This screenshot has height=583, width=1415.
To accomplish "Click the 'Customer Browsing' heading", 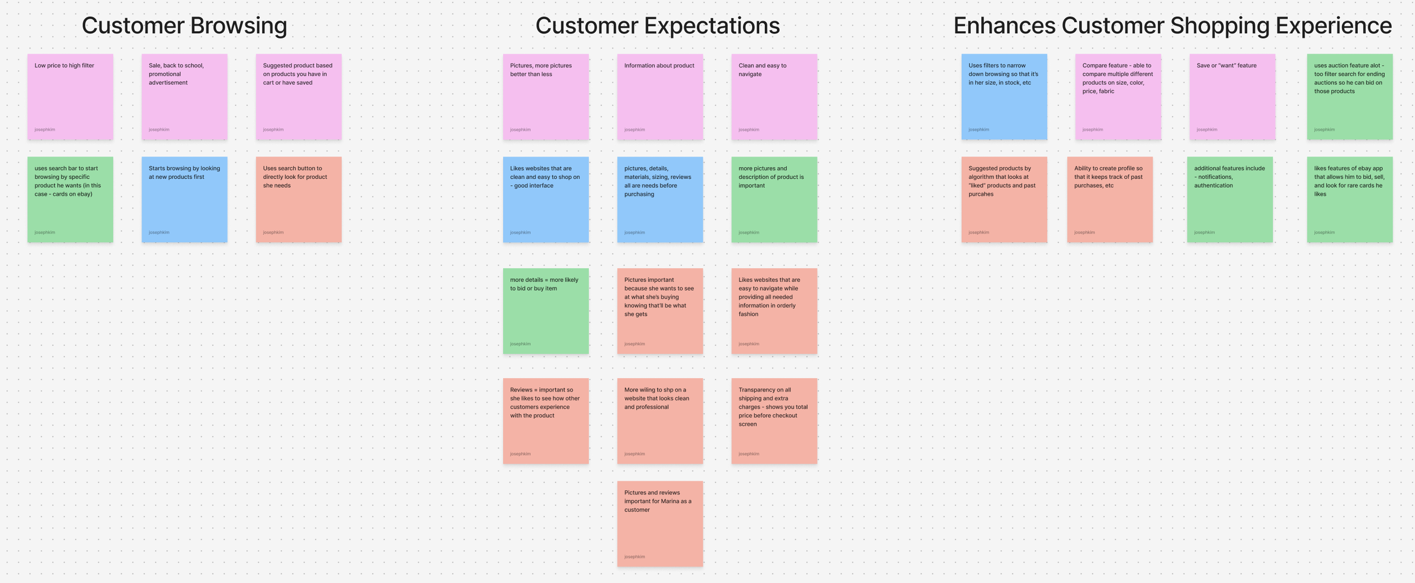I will point(184,26).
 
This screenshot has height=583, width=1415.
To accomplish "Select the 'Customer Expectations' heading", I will point(657,26).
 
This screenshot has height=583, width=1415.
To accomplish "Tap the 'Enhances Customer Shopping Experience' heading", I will point(1172,26).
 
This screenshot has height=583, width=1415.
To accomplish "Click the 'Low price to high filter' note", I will point(70,97).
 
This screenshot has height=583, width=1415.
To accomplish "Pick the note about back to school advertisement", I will point(185,97).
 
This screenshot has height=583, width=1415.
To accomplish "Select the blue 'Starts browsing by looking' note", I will point(185,200).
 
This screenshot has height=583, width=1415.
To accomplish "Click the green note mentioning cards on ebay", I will point(70,200).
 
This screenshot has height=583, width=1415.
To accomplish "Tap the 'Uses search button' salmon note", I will point(299,200).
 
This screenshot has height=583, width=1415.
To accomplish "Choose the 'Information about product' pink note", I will point(660,97).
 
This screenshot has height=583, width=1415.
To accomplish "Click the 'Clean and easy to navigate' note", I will point(774,97).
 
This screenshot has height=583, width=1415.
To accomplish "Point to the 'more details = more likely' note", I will point(546,311).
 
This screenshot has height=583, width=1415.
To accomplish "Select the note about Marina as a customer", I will point(660,524).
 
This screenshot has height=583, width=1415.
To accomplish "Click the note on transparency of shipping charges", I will point(774,421).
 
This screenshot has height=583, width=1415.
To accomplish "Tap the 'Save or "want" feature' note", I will point(1232,97).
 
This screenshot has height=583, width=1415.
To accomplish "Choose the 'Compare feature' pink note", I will point(1118,97).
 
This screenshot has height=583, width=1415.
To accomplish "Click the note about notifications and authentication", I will point(1230,200).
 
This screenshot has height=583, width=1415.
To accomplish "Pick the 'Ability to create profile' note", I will point(1110,200).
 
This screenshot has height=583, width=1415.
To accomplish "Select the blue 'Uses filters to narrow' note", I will point(1004,97).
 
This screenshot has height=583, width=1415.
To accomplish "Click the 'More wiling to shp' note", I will point(660,421).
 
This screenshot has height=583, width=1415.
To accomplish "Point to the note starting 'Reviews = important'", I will point(546,421).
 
